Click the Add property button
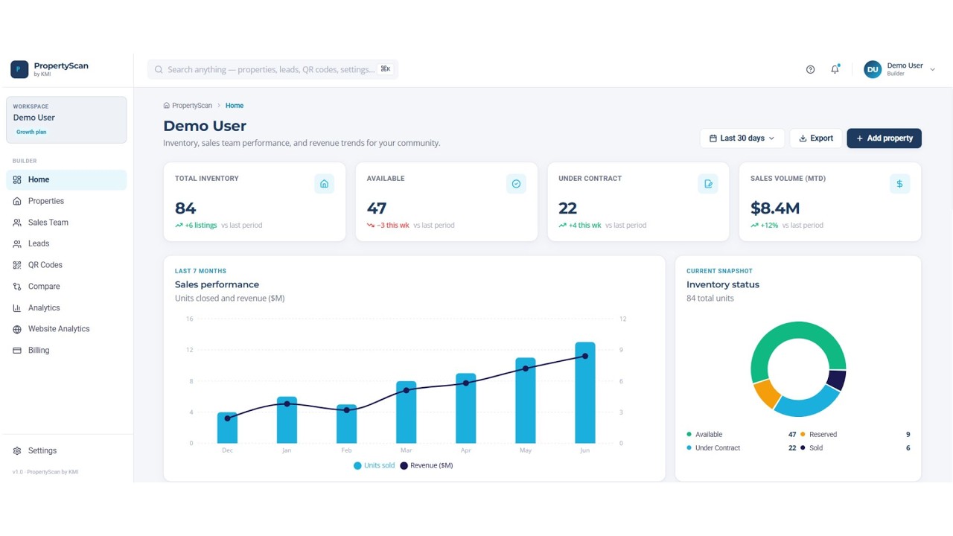(884, 138)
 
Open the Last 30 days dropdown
(742, 138)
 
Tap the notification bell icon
(835, 69)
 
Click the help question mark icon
(810, 69)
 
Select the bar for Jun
(585, 392)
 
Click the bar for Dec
(227, 427)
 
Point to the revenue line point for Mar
(407, 390)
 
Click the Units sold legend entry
(374, 465)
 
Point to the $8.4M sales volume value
(775, 208)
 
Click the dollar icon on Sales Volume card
(899, 184)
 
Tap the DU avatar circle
(873, 69)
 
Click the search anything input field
(272, 69)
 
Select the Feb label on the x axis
(346, 450)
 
